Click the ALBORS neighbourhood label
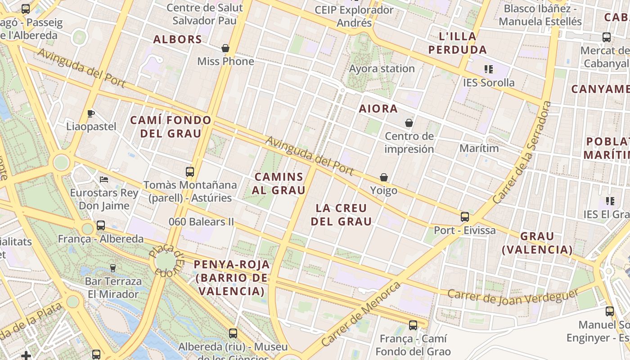point(178,40)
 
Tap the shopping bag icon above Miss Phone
point(225,48)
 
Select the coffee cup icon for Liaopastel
point(91,113)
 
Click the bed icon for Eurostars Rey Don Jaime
point(104,180)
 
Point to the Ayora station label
point(382,69)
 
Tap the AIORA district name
point(378,109)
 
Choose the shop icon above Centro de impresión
point(409,123)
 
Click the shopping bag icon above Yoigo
point(384,178)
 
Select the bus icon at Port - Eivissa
point(465,217)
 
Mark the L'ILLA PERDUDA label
point(458,43)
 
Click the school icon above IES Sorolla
point(488,69)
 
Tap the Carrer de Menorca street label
point(361,315)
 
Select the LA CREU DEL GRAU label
point(342,215)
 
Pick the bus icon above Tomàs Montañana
point(190,172)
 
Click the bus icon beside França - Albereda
point(101,225)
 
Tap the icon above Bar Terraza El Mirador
point(113,268)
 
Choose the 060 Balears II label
point(201,222)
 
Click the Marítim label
point(479,148)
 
